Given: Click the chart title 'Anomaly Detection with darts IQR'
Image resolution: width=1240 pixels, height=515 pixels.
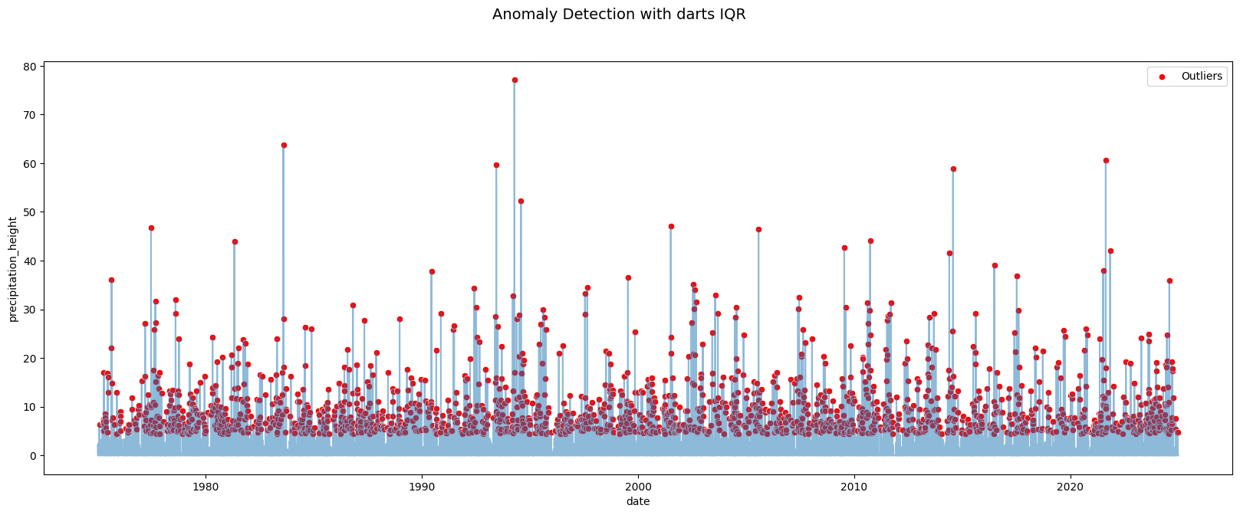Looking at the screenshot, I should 619,15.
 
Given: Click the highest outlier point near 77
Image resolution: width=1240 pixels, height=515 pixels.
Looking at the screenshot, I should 515,80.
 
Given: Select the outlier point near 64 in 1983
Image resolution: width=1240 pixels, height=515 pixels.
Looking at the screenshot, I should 284,145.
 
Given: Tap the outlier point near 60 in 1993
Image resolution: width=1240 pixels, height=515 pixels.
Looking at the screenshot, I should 496,165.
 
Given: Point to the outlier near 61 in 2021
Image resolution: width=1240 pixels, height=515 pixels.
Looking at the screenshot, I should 1106,161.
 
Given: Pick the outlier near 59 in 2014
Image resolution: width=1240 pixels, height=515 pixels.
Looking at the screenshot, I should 953,169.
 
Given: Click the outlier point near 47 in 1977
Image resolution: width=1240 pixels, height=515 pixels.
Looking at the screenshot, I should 151,228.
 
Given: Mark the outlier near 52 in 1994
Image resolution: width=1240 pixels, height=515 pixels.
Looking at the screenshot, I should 521,201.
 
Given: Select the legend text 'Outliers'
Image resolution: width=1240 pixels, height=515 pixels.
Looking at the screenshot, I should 1202,77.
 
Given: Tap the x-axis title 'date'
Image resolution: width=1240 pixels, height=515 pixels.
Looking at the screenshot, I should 638,501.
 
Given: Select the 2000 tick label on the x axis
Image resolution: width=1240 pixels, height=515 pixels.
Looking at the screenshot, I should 638,486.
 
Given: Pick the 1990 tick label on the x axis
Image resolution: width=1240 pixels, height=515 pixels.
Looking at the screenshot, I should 422,486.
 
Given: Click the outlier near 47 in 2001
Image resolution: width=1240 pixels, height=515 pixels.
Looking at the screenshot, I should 671,226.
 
